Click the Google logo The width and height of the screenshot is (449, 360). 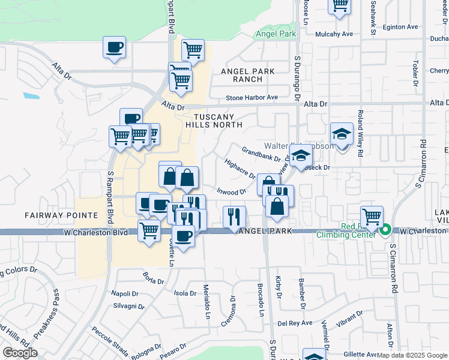[20, 353]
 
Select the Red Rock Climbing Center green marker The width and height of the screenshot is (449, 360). [385, 230]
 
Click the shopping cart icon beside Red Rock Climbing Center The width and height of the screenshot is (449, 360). [372, 216]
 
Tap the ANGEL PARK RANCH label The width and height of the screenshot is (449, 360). [248, 75]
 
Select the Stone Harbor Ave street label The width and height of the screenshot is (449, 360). [252, 97]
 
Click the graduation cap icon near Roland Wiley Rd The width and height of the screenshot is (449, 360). [342, 134]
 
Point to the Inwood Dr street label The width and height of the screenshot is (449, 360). [232, 192]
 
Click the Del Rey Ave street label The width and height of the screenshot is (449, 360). [298, 323]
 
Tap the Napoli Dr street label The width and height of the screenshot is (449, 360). [125, 293]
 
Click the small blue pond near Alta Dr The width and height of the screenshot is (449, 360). [32, 95]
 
